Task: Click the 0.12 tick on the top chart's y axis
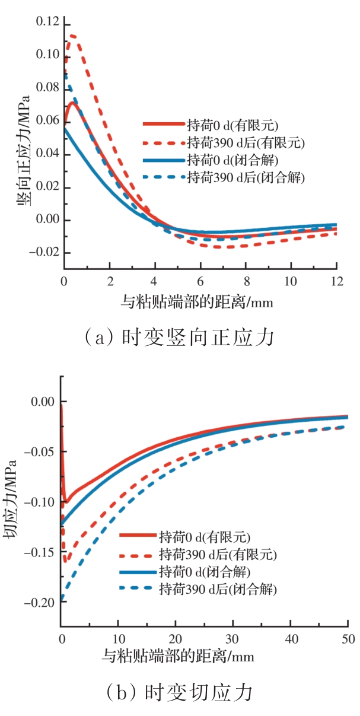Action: pos(47,23)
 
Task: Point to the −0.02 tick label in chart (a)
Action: pos(45,253)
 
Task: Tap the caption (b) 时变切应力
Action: pos(180,692)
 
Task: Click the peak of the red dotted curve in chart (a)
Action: pos(72,36)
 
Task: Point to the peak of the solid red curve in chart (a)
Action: pos(72,102)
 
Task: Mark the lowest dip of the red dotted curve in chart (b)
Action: pos(66,560)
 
